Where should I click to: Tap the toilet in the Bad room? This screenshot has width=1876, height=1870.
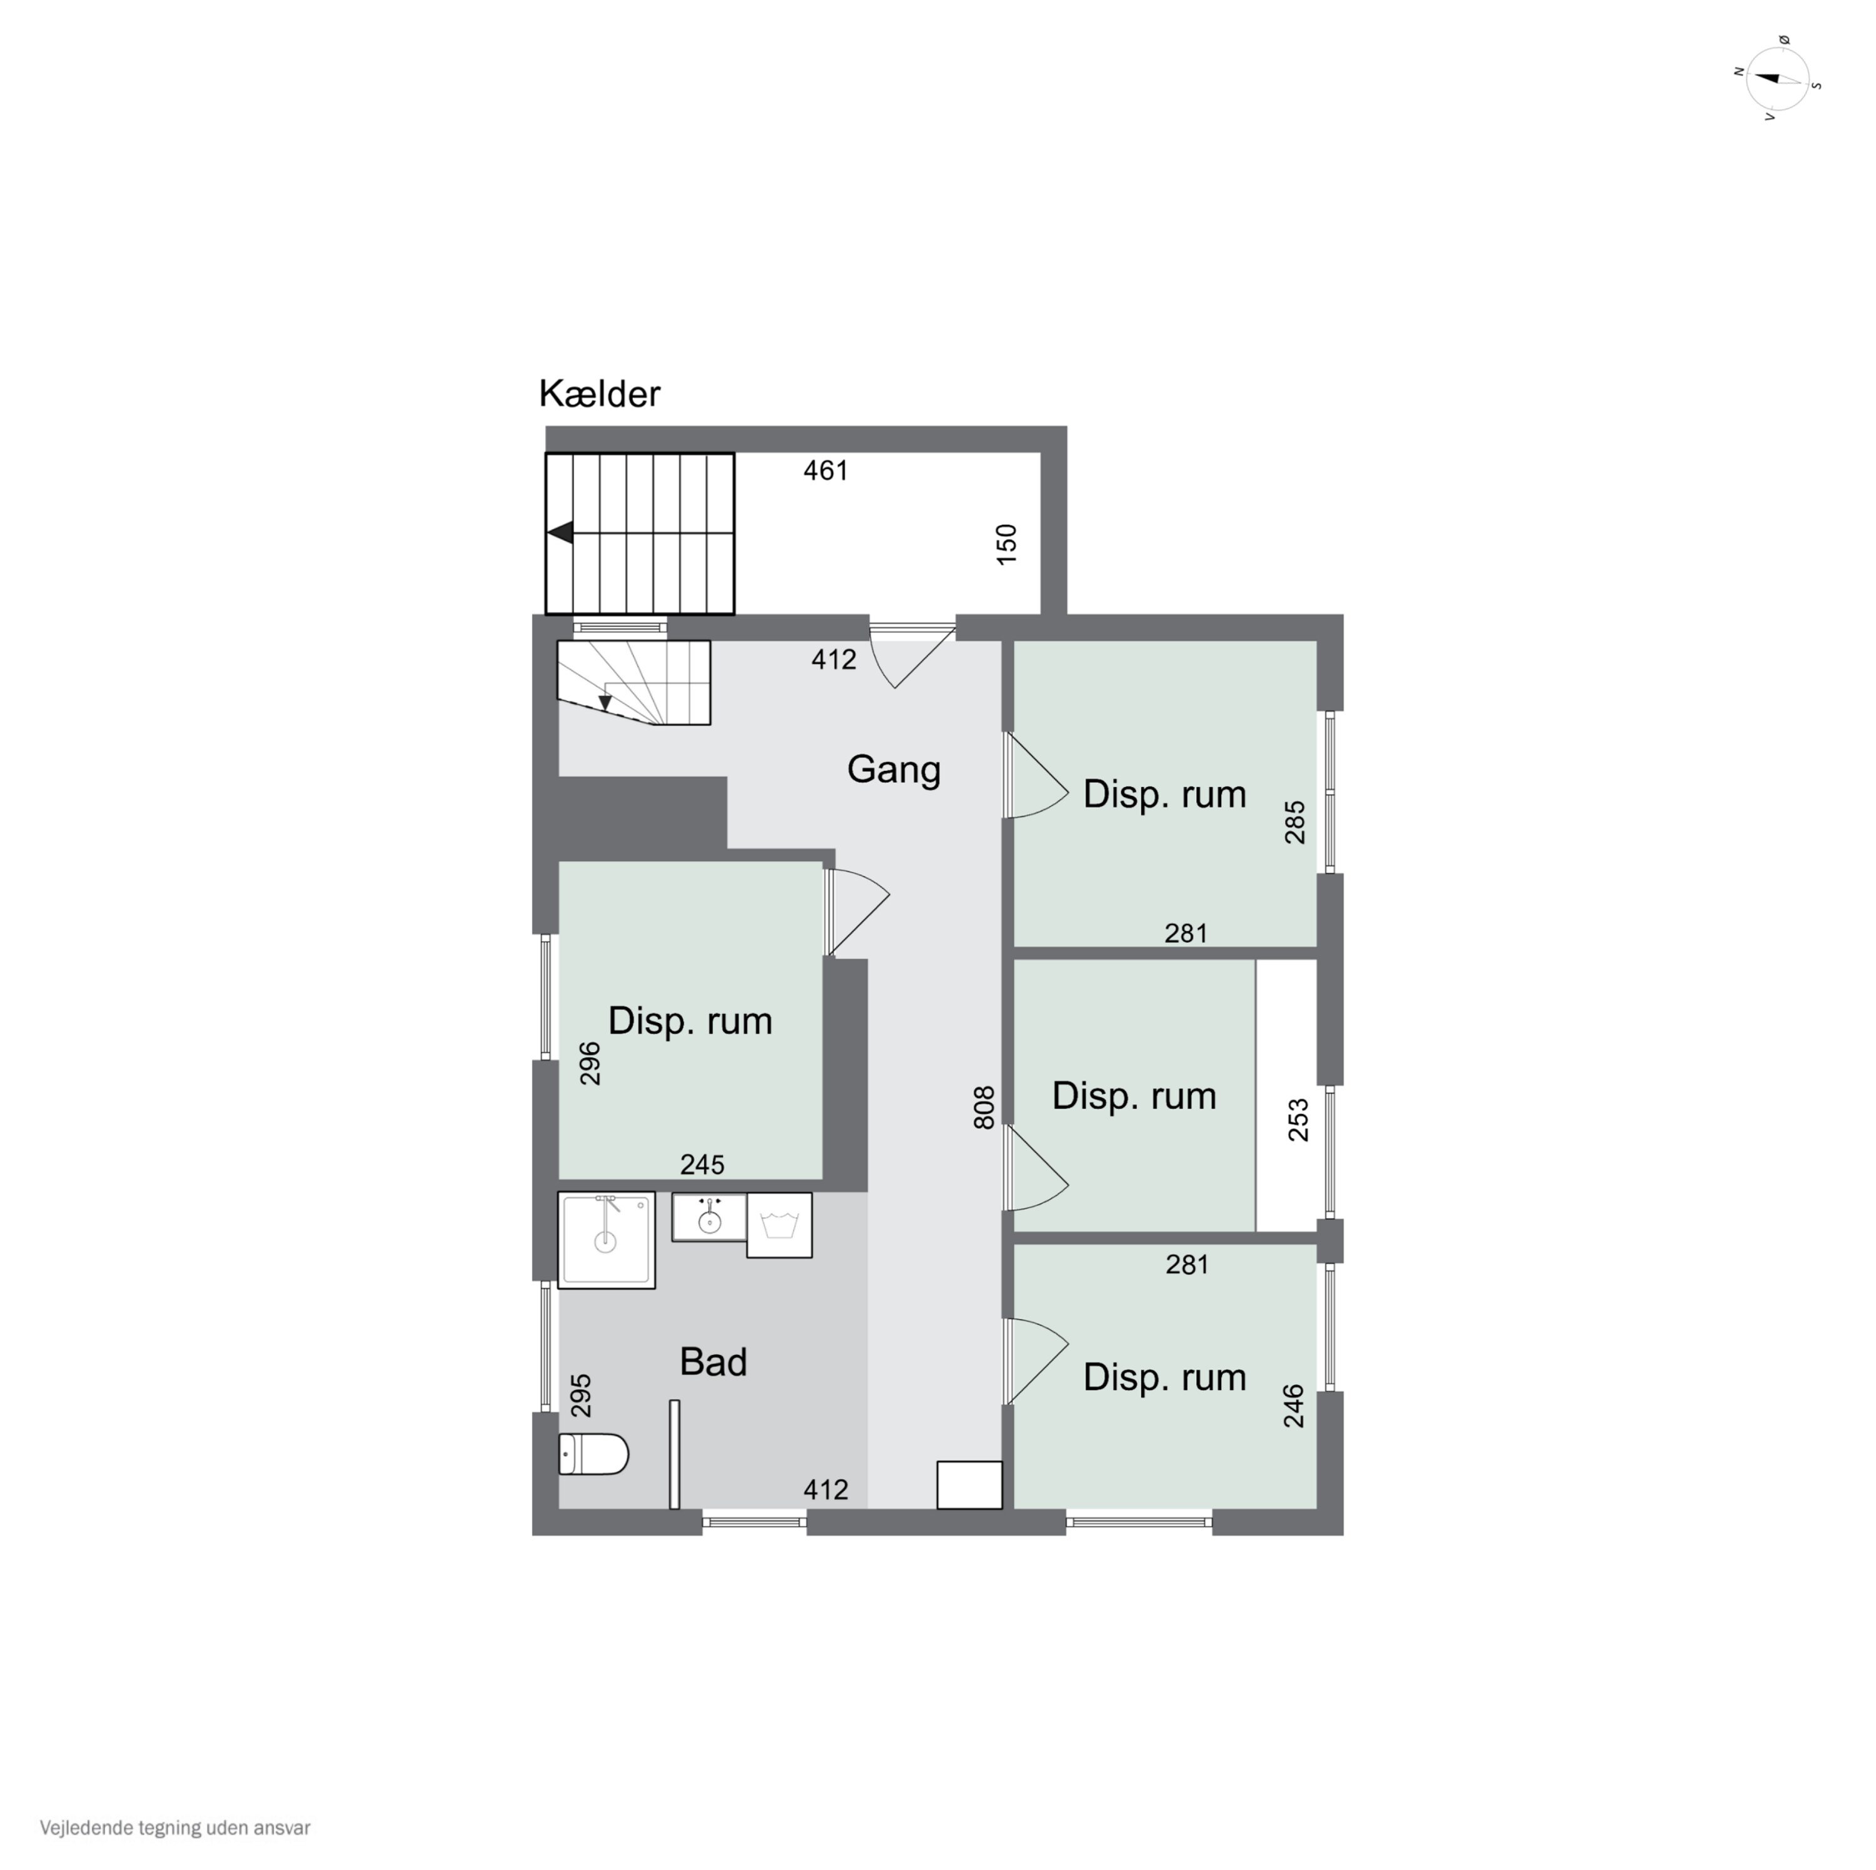tap(593, 1454)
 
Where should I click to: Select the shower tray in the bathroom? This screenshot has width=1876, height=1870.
tap(606, 1240)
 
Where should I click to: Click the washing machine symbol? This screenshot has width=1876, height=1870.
tap(779, 1225)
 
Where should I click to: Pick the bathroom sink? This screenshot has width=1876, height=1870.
tap(709, 1217)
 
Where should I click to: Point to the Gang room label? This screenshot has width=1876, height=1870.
tap(894, 769)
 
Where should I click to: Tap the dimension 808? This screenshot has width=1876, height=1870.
tap(984, 1108)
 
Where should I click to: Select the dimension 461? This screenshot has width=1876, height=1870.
tap(825, 471)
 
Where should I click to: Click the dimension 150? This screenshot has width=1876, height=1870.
tap(1007, 545)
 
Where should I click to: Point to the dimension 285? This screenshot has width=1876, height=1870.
tap(1294, 822)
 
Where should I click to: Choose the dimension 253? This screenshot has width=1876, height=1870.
tap(1298, 1120)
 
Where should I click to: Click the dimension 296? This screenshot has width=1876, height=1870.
tap(590, 1063)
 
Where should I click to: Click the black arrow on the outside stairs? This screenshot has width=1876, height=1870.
tap(562, 533)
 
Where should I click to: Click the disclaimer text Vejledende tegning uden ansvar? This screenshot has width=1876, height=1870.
tap(175, 1828)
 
